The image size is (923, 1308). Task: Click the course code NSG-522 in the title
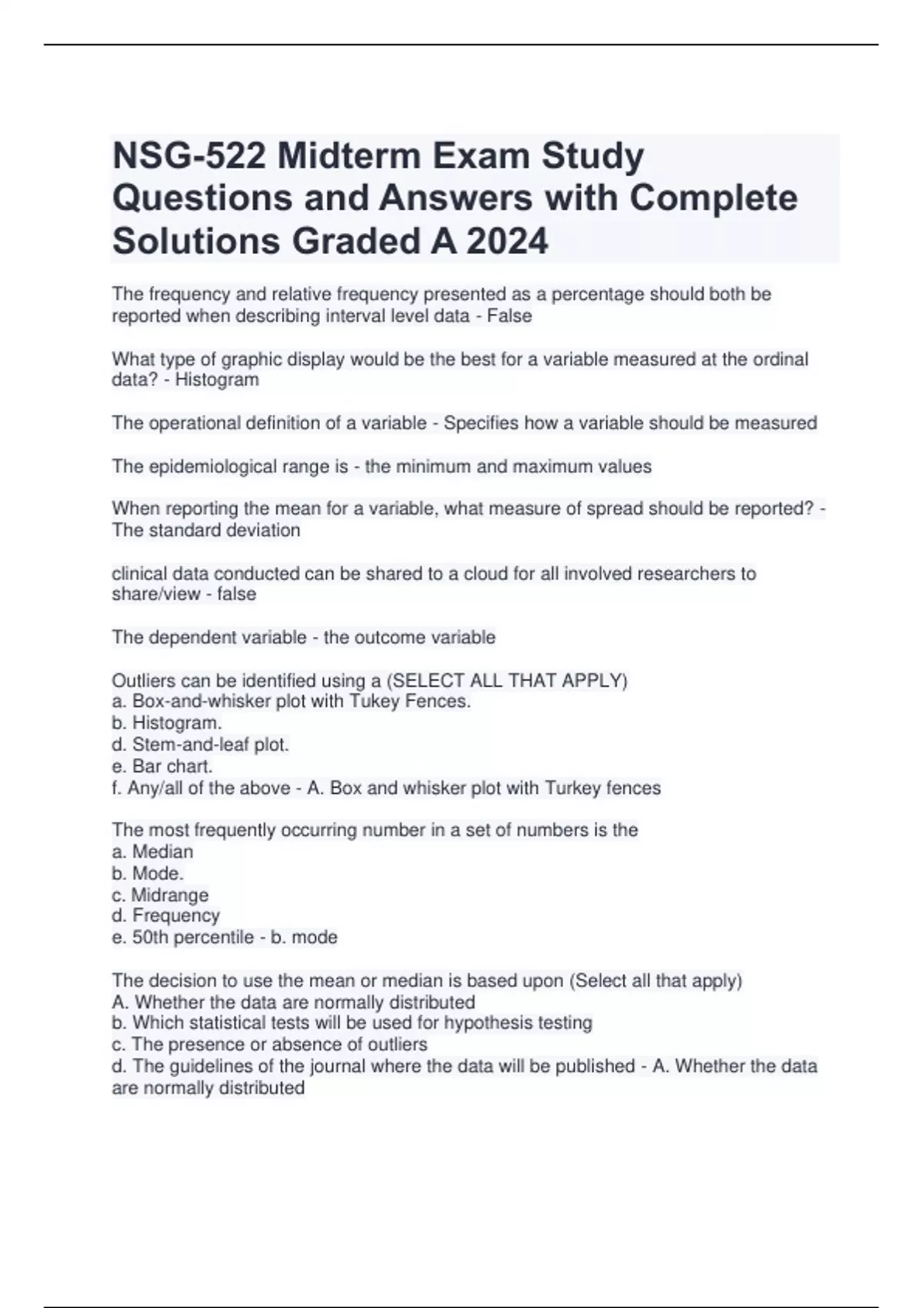189,156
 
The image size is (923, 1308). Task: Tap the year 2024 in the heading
507,241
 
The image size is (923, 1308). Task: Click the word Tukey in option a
375,701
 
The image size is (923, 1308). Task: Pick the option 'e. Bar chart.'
162,766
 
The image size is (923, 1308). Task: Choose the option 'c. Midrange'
160,895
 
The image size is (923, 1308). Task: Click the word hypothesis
486,1023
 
